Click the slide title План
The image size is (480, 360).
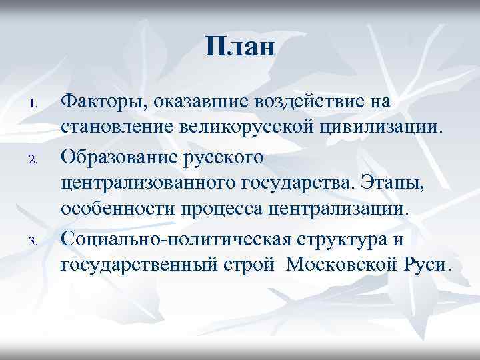240,47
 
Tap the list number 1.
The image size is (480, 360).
40,105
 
